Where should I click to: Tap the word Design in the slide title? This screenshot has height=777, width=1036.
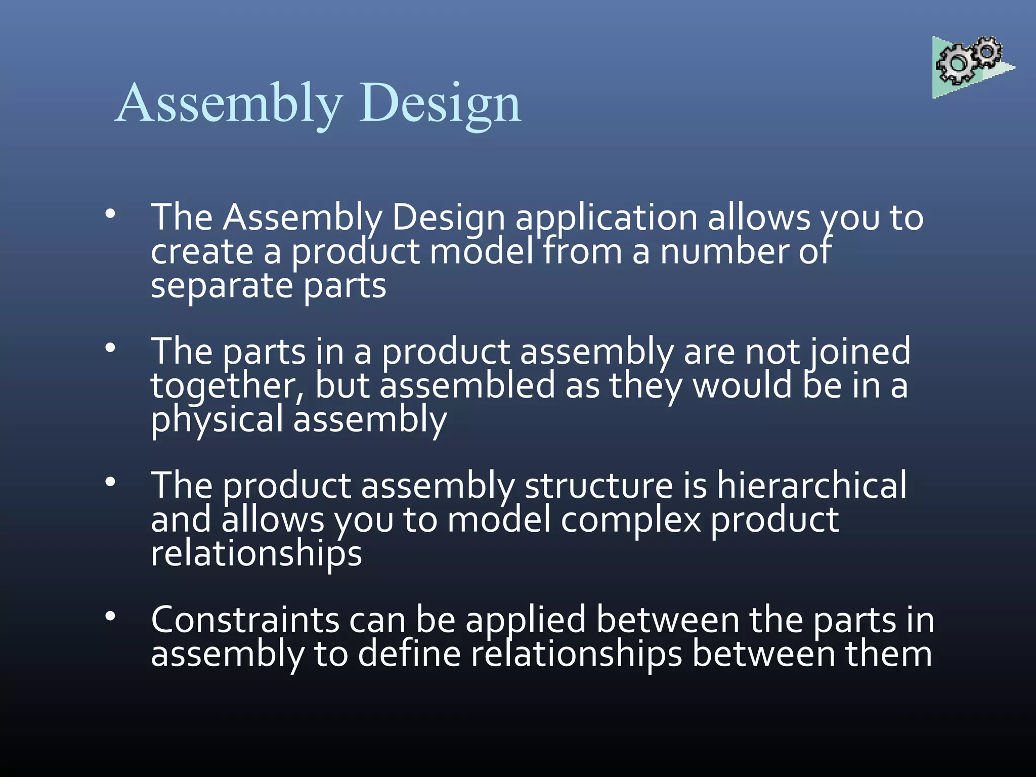[440, 104]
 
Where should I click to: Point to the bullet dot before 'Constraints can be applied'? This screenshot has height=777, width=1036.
[110, 616]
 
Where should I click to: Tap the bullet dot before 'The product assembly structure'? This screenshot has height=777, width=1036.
[110, 482]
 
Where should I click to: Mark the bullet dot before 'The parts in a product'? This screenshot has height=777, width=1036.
[110, 348]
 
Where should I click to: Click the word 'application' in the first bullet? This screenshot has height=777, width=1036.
[607, 219]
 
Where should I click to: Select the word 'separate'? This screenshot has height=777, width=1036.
[222, 286]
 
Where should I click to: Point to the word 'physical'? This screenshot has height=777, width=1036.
[217, 420]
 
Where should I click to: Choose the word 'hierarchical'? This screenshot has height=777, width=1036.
[811, 486]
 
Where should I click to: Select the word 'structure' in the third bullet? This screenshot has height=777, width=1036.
[598, 486]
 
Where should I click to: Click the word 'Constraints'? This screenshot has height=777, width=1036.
[245, 620]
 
